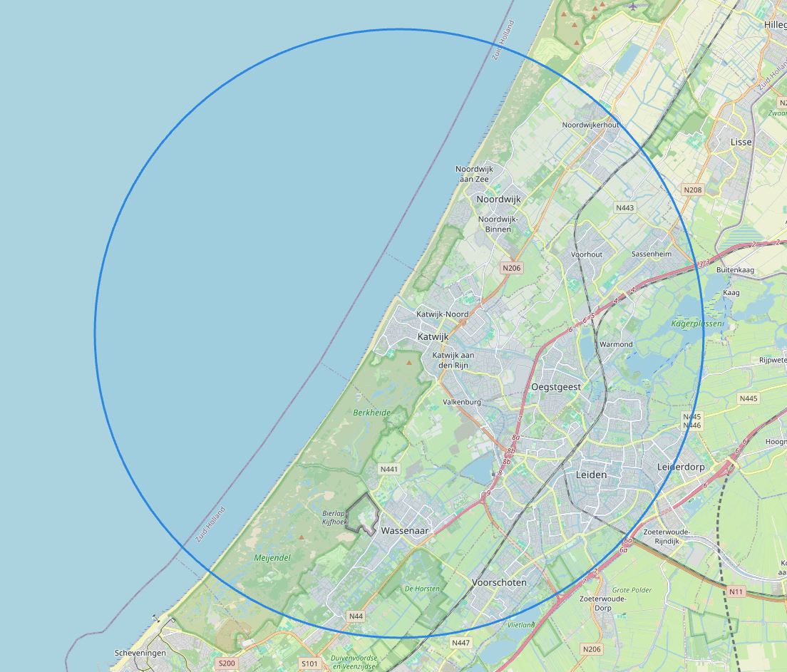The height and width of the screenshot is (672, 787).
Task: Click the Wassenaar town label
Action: (404, 531)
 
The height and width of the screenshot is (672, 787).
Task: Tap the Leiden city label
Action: (591, 475)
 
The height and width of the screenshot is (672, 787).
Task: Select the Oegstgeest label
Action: (556, 387)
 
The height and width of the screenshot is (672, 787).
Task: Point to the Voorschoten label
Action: (499, 582)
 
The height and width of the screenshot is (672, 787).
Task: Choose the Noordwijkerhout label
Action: (590, 125)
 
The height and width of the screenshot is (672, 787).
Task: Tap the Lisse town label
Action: (741, 142)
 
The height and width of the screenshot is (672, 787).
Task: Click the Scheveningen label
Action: (140, 653)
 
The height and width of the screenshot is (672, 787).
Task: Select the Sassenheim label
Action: (652, 254)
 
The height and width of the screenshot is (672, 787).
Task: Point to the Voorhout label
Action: (587, 254)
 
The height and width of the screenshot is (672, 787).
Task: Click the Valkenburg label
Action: (462, 402)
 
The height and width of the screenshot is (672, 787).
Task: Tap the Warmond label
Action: (616, 344)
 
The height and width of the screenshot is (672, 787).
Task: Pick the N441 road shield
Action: (389, 469)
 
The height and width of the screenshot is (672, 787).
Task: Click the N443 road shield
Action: (624, 207)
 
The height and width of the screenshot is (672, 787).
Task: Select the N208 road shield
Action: (692, 190)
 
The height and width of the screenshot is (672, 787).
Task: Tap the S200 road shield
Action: (227, 663)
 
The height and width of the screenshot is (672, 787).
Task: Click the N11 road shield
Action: (736, 591)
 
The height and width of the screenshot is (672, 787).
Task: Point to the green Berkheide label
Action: (372, 413)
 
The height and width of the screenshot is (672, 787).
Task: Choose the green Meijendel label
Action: (272, 558)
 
